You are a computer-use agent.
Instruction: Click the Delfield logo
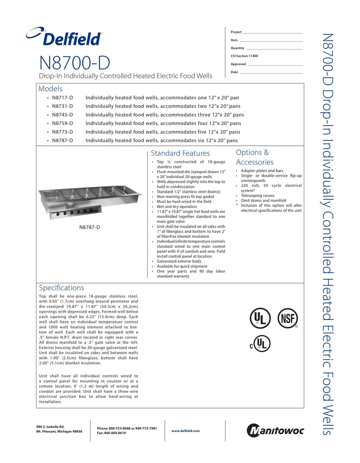click(x=64, y=36)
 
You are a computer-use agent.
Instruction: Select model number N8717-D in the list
click(x=62, y=97)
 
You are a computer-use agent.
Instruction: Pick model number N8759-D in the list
click(x=62, y=123)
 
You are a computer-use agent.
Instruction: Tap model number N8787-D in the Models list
click(x=62, y=140)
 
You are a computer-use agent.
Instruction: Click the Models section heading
click(x=50, y=89)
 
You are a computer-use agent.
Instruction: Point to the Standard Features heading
click(x=180, y=153)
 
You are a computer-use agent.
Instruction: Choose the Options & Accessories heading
click(x=255, y=157)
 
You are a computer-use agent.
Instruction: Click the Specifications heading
click(x=61, y=288)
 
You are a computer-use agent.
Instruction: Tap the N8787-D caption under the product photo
click(x=90, y=227)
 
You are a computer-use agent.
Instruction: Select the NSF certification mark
click(x=288, y=319)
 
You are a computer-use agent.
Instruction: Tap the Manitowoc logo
click(x=275, y=431)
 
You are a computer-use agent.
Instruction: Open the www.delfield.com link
click(x=185, y=431)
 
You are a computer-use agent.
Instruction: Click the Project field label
click(x=236, y=32)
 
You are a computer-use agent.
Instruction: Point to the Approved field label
click(x=238, y=64)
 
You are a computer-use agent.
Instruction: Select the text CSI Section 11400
click(x=244, y=56)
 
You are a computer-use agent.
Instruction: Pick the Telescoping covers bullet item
click(x=257, y=196)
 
